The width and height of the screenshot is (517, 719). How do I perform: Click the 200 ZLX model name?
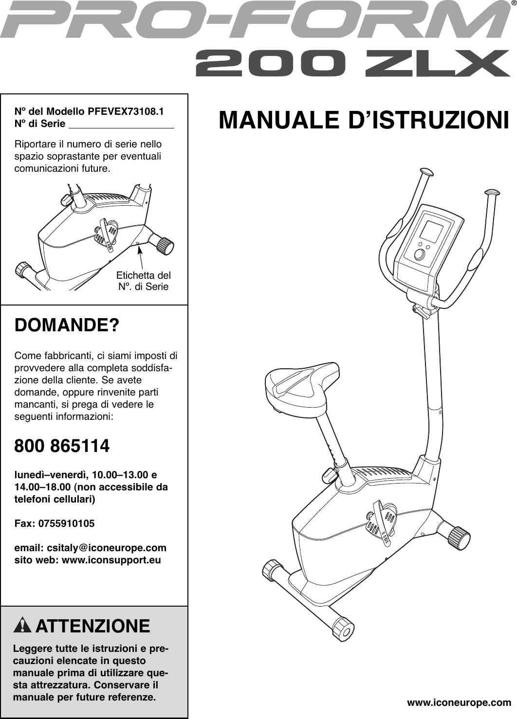tap(352, 65)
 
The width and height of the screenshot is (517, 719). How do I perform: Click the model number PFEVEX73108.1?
tap(125, 111)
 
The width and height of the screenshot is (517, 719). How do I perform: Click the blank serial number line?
tap(121, 125)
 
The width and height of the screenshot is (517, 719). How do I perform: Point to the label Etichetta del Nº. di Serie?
tap(144, 281)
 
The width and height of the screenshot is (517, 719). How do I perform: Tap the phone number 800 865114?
tap(62, 446)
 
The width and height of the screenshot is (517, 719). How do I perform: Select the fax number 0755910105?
tap(65, 524)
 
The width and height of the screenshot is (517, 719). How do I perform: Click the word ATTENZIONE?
tap(93, 626)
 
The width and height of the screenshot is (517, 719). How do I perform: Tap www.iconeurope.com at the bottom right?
tap(459, 702)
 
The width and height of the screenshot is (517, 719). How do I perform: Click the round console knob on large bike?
tap(419, 254)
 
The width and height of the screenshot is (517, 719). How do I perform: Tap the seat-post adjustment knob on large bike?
tap(329, 472)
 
